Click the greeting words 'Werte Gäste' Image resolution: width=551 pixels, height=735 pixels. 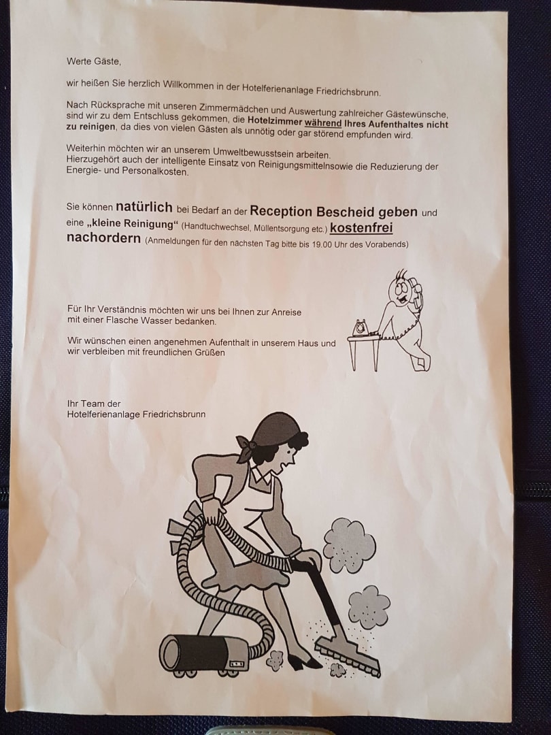(94, 61)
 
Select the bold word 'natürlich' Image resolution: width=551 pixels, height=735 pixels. (144, 207)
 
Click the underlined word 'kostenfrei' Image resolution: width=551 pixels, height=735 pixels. (361, 228)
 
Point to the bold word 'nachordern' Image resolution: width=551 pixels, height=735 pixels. (103, 238)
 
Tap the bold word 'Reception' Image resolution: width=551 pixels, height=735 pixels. (281, 212)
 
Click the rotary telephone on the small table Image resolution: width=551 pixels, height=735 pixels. (361, 327)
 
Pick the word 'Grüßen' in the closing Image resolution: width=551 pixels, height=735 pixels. (210, 353)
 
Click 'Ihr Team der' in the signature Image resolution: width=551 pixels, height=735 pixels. (94, 404)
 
